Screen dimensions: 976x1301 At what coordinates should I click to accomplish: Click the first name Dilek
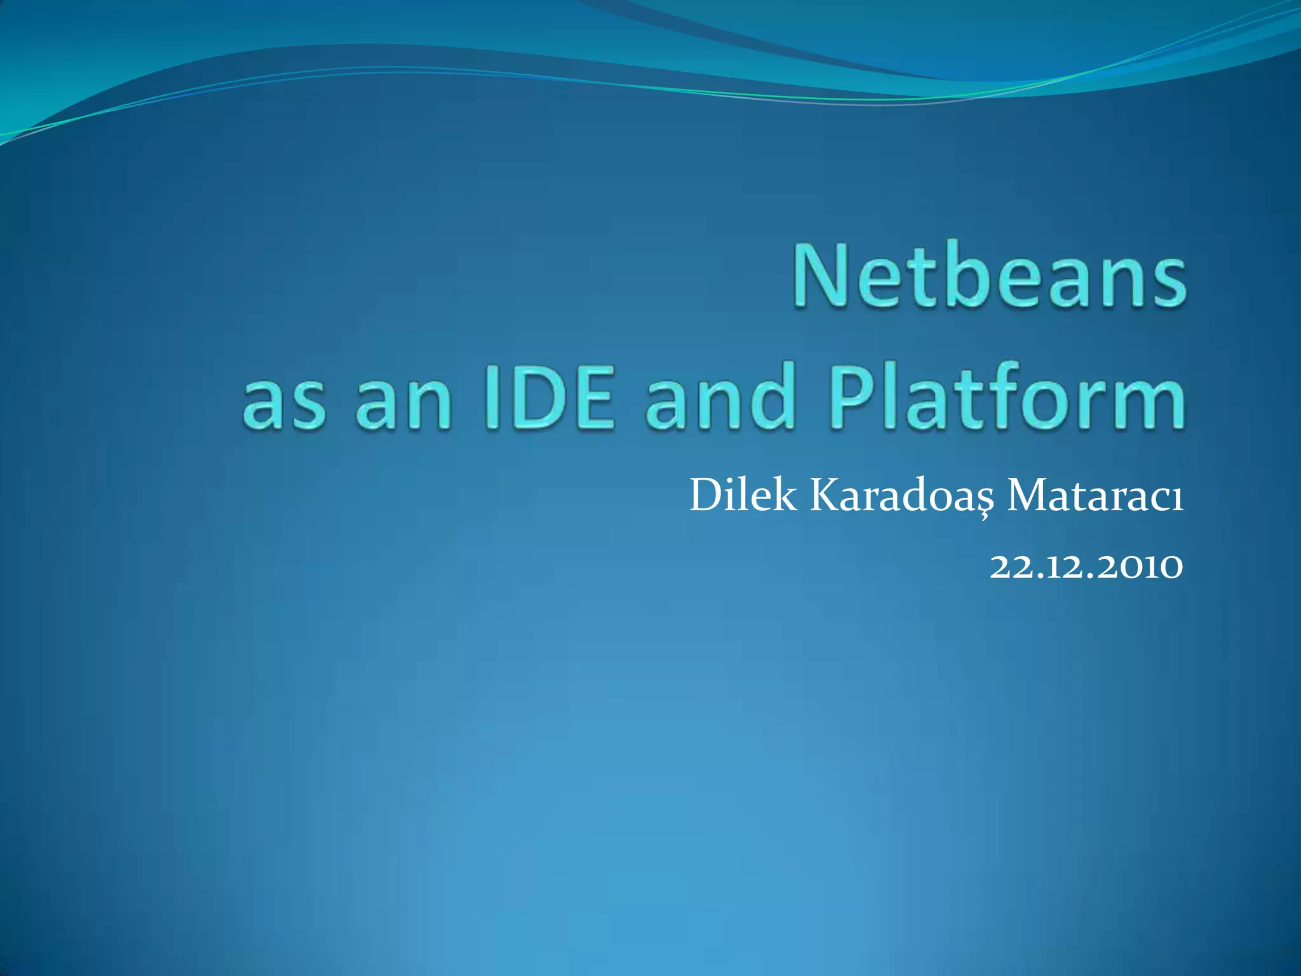742,496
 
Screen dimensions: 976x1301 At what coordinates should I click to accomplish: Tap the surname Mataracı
1095,496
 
